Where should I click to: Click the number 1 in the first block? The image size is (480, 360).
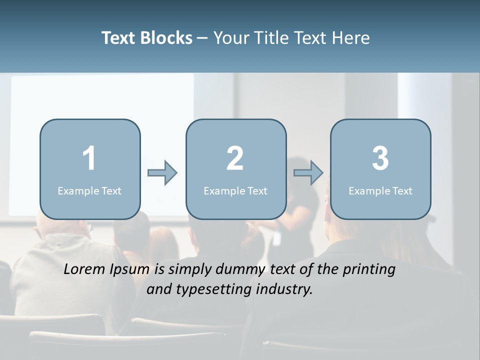pos(89,158)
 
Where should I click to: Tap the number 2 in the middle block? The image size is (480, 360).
pos(235,158)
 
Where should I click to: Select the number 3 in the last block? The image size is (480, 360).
pos(380,158)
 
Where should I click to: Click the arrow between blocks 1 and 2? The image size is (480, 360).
pos(162,173)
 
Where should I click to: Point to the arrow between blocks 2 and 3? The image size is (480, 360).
pos(308,173)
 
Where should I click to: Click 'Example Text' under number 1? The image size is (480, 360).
pos(89,190)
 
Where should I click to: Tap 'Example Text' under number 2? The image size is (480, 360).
pos(235,190)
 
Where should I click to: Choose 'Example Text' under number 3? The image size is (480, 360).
pos(380,190)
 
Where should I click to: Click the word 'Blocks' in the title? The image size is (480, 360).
pos(166,38)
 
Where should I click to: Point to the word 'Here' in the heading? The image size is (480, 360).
pos(350,38)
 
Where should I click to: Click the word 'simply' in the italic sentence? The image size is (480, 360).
pos(187,270)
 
